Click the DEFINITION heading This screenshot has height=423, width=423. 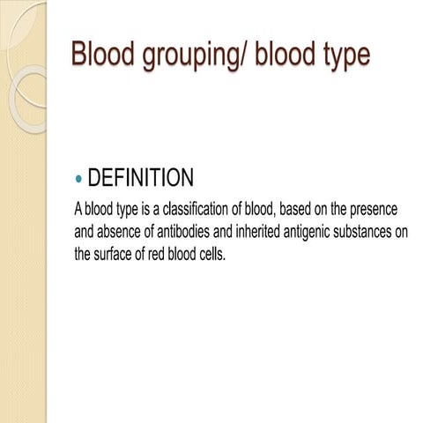coord(141,179)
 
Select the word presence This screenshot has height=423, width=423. coord(372,211)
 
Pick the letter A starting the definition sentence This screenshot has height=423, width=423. coord(78,211)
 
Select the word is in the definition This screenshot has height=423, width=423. coord(140,211)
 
